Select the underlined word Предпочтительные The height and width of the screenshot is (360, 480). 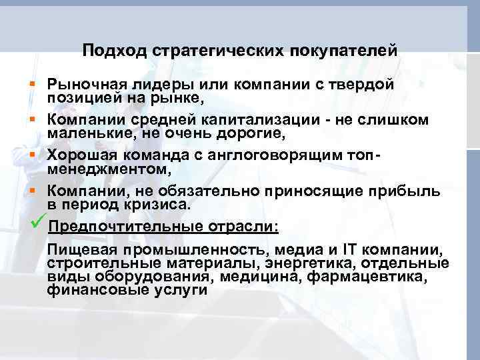click(127, 226)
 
